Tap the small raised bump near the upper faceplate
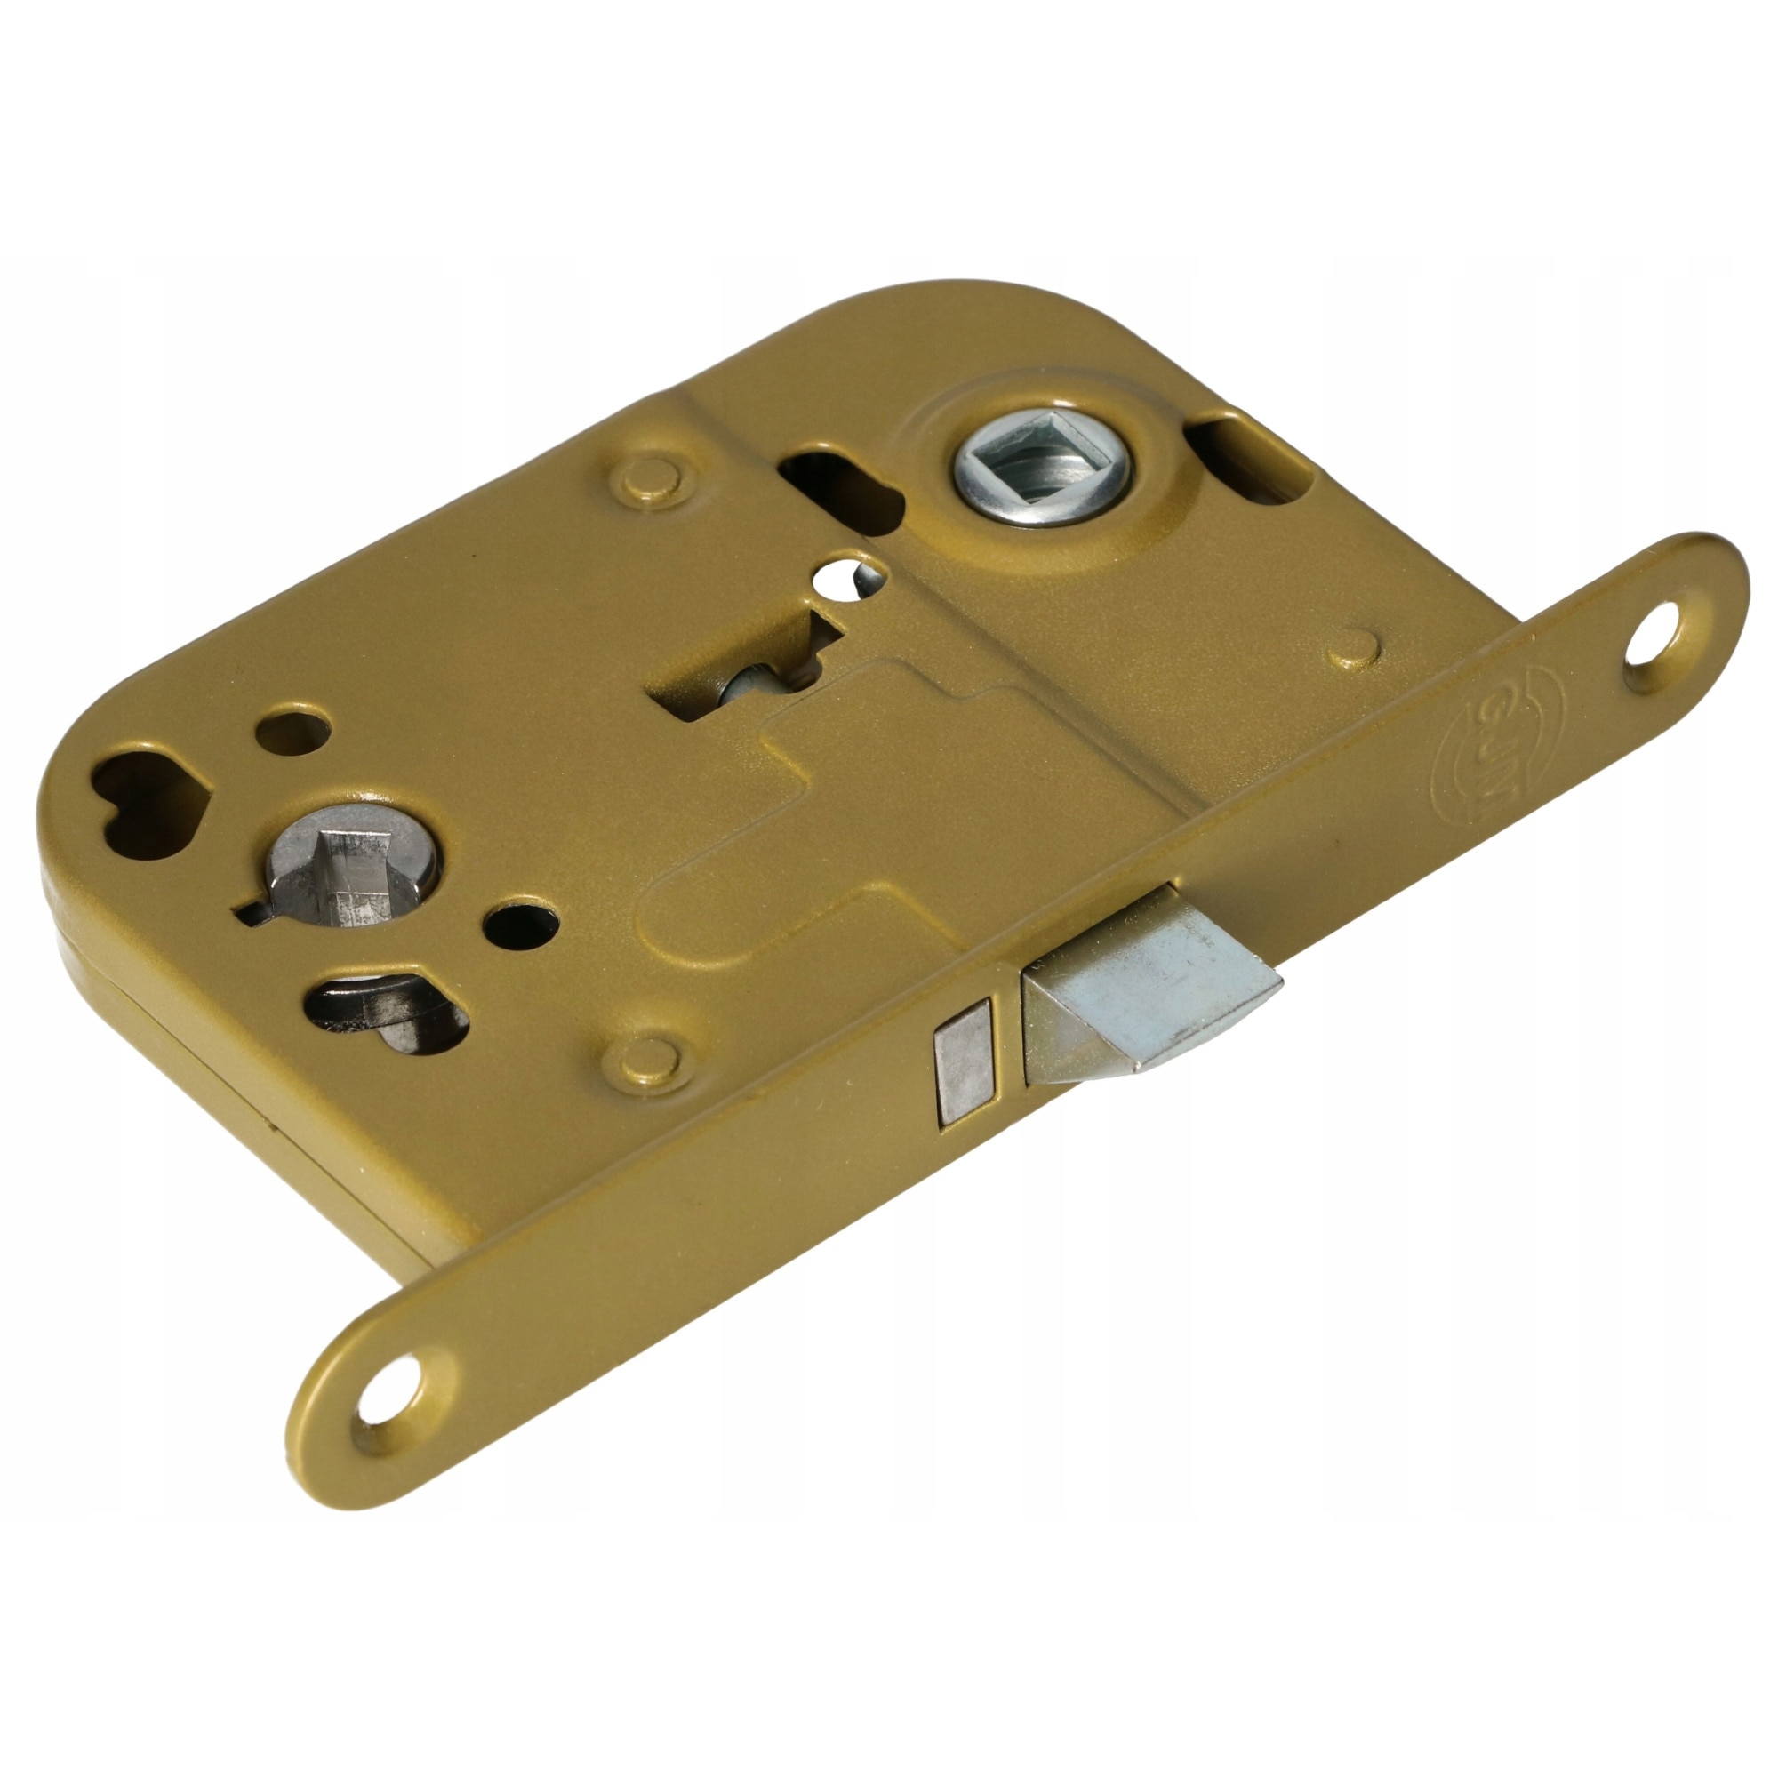(x=1356, y=647)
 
